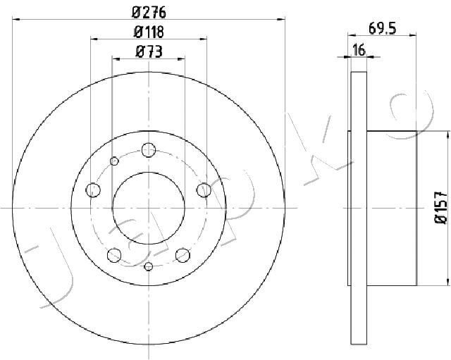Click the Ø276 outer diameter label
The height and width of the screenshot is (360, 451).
coord(148,12)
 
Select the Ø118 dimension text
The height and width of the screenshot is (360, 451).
coord(148,31)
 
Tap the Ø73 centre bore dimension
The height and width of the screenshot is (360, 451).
coord(148,50)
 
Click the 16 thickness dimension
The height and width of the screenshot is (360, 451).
coord(357,49)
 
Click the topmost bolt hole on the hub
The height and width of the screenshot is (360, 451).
coord(148,149)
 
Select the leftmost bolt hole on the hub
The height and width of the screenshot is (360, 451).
coord(93,189)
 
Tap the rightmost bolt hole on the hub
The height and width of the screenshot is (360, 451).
coord(204,189)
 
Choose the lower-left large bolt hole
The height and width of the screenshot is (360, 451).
coord(113,254)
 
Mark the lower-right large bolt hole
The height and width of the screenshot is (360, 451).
coord(183,254)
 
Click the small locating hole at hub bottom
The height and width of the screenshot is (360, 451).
coord(148,266)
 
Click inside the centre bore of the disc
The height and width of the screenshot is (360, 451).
coord(148,208)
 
